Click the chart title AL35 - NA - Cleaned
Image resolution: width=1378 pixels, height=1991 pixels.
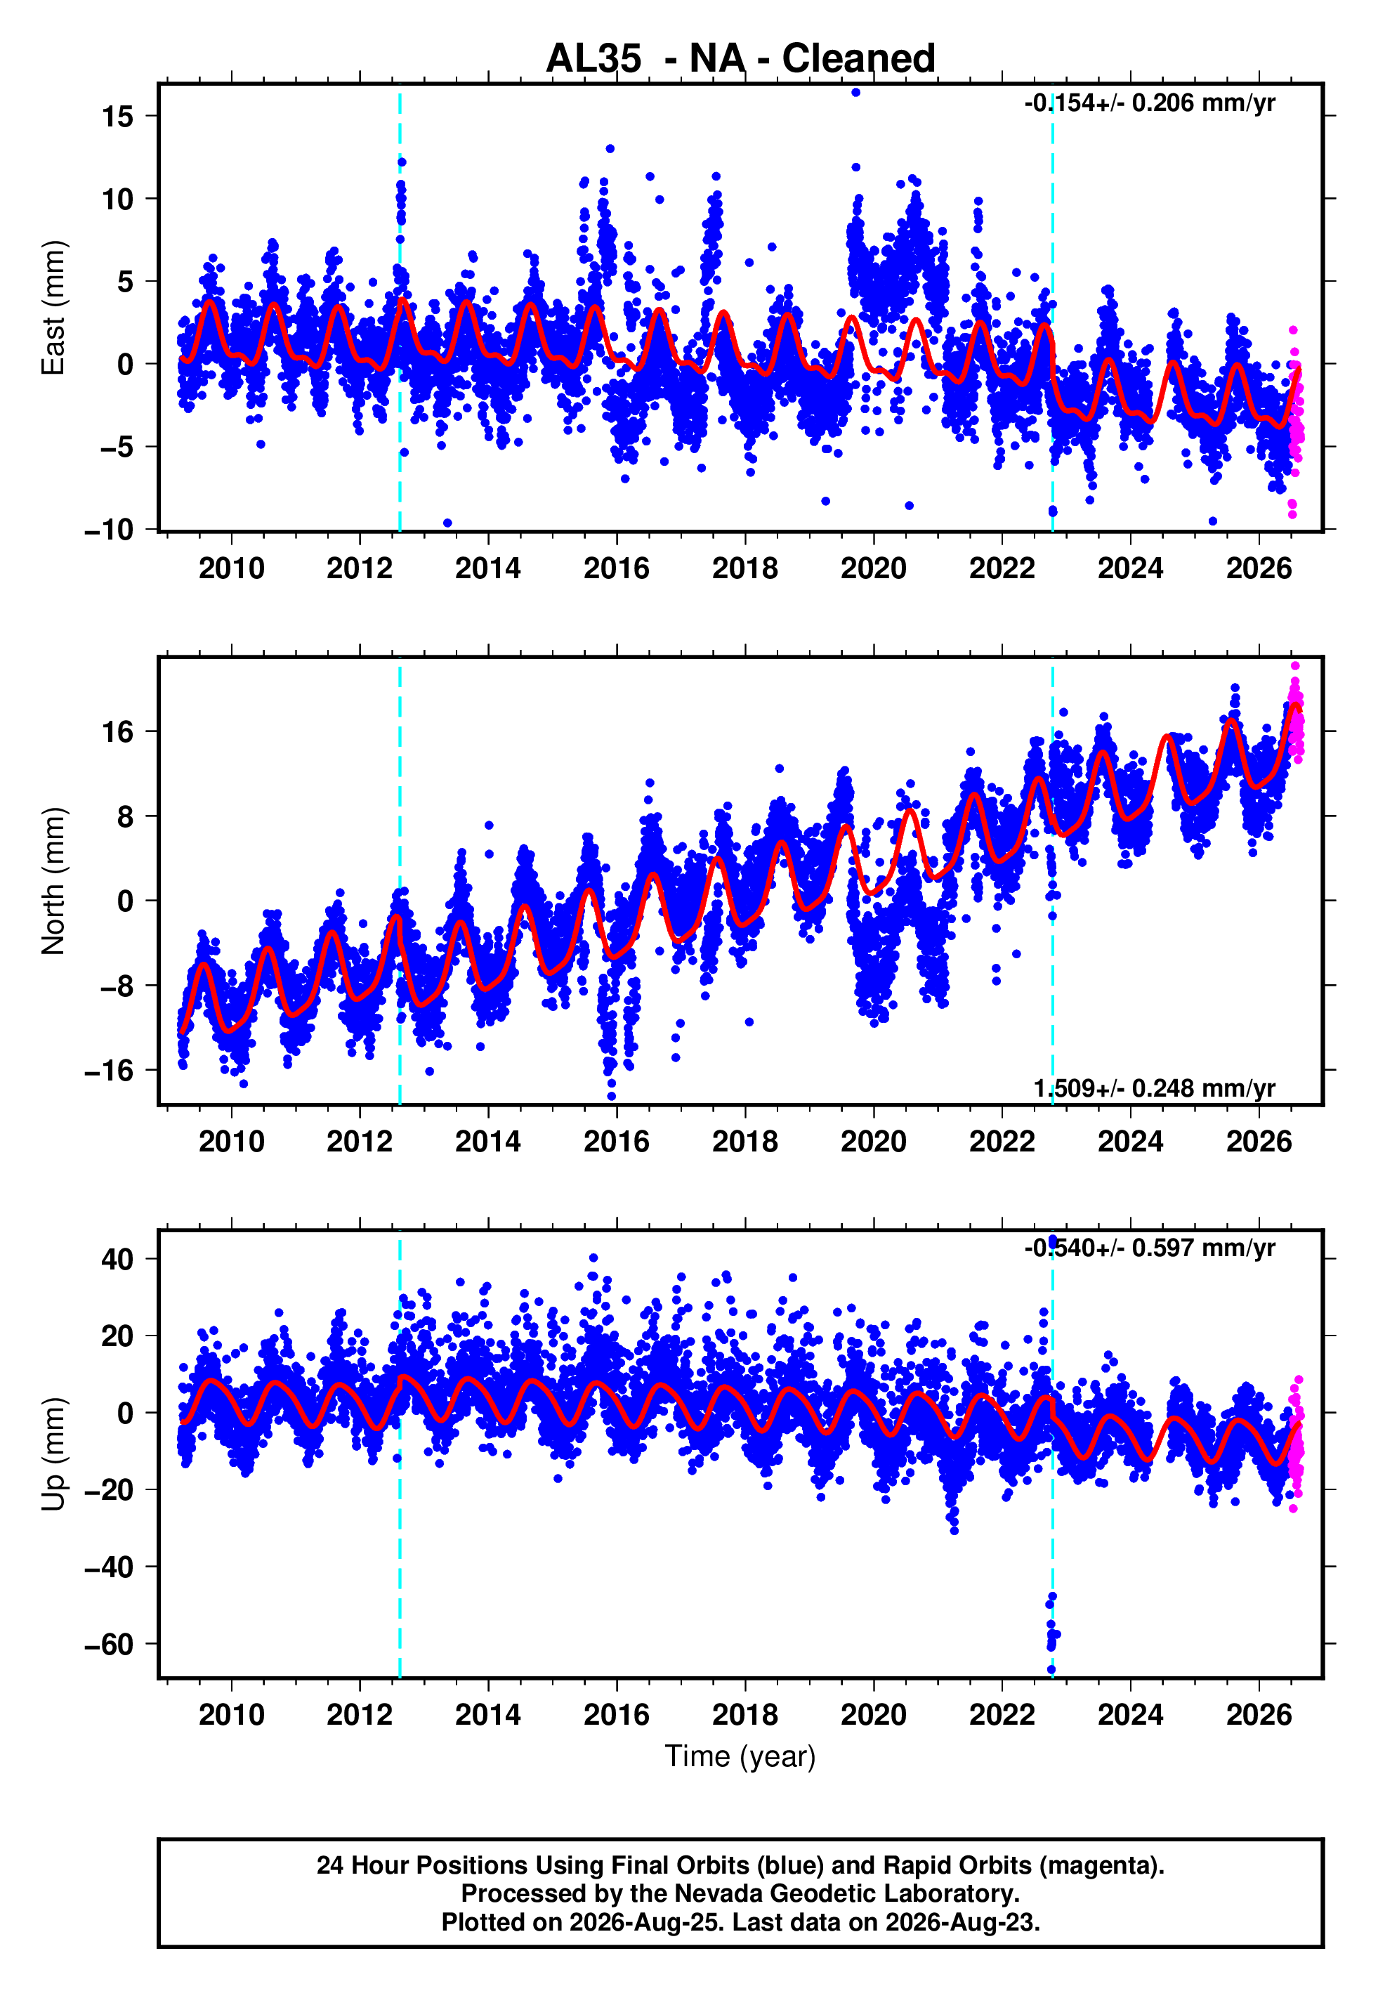click(740, 59)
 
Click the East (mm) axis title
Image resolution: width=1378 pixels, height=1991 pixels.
click(53, 308)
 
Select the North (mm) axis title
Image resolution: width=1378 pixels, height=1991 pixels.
click(53, 881)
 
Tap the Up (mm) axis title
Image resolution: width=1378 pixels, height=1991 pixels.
click(53, 1453)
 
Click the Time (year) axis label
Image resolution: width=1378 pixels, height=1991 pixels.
click(740, 1756)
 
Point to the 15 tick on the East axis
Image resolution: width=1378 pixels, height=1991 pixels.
click(118, 116)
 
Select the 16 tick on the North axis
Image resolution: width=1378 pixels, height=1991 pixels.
click(118, 732)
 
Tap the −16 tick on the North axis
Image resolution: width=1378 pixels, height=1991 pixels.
click(109, 1071)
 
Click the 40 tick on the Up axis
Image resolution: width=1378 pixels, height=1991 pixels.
click(117, 1260)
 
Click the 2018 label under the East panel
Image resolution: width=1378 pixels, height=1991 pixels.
click(745, 568)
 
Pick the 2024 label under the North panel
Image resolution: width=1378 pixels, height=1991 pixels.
click(1130, 1142)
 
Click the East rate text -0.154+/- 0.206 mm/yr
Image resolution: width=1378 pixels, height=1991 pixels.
click(1149, 103)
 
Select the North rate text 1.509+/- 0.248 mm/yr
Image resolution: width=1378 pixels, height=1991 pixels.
click(1155, 1089)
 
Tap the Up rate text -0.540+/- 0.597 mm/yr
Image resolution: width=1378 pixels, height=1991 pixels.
click(1149, 1248)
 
